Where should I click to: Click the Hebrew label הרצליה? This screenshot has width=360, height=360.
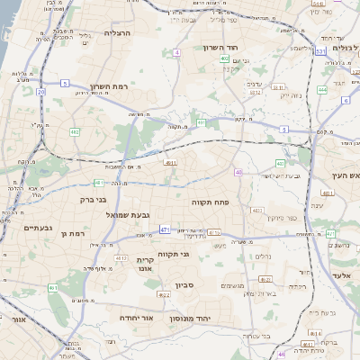tap(118, 32)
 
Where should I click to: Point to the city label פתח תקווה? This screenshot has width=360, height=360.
tap(211, 202)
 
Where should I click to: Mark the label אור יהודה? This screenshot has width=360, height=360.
tap(137, 318)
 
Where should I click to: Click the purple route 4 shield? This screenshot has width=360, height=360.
tap(177, 53)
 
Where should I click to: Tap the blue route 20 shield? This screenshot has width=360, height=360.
tap(41, 91)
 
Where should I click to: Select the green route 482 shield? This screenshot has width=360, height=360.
tap(75, 132)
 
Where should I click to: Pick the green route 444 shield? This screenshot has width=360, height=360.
tap(322, 90)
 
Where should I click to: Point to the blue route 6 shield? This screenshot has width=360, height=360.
tap(346, 100)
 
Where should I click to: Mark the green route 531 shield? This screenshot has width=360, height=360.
tap(321, 52)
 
